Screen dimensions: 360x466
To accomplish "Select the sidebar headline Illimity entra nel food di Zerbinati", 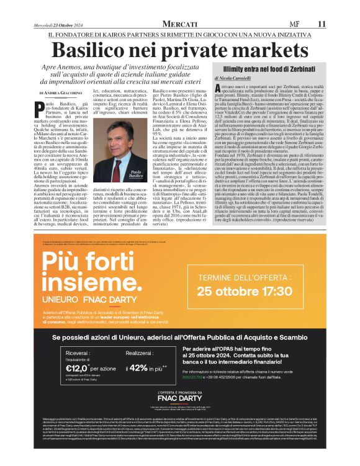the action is (271, 68).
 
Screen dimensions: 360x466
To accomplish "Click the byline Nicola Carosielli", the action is (238, 79).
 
